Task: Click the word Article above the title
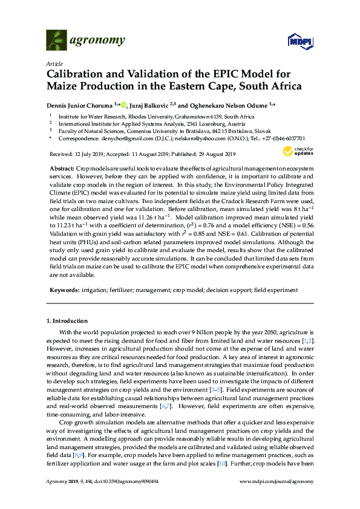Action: coord(53,63)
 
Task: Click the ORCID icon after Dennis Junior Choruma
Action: coord(124,104)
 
